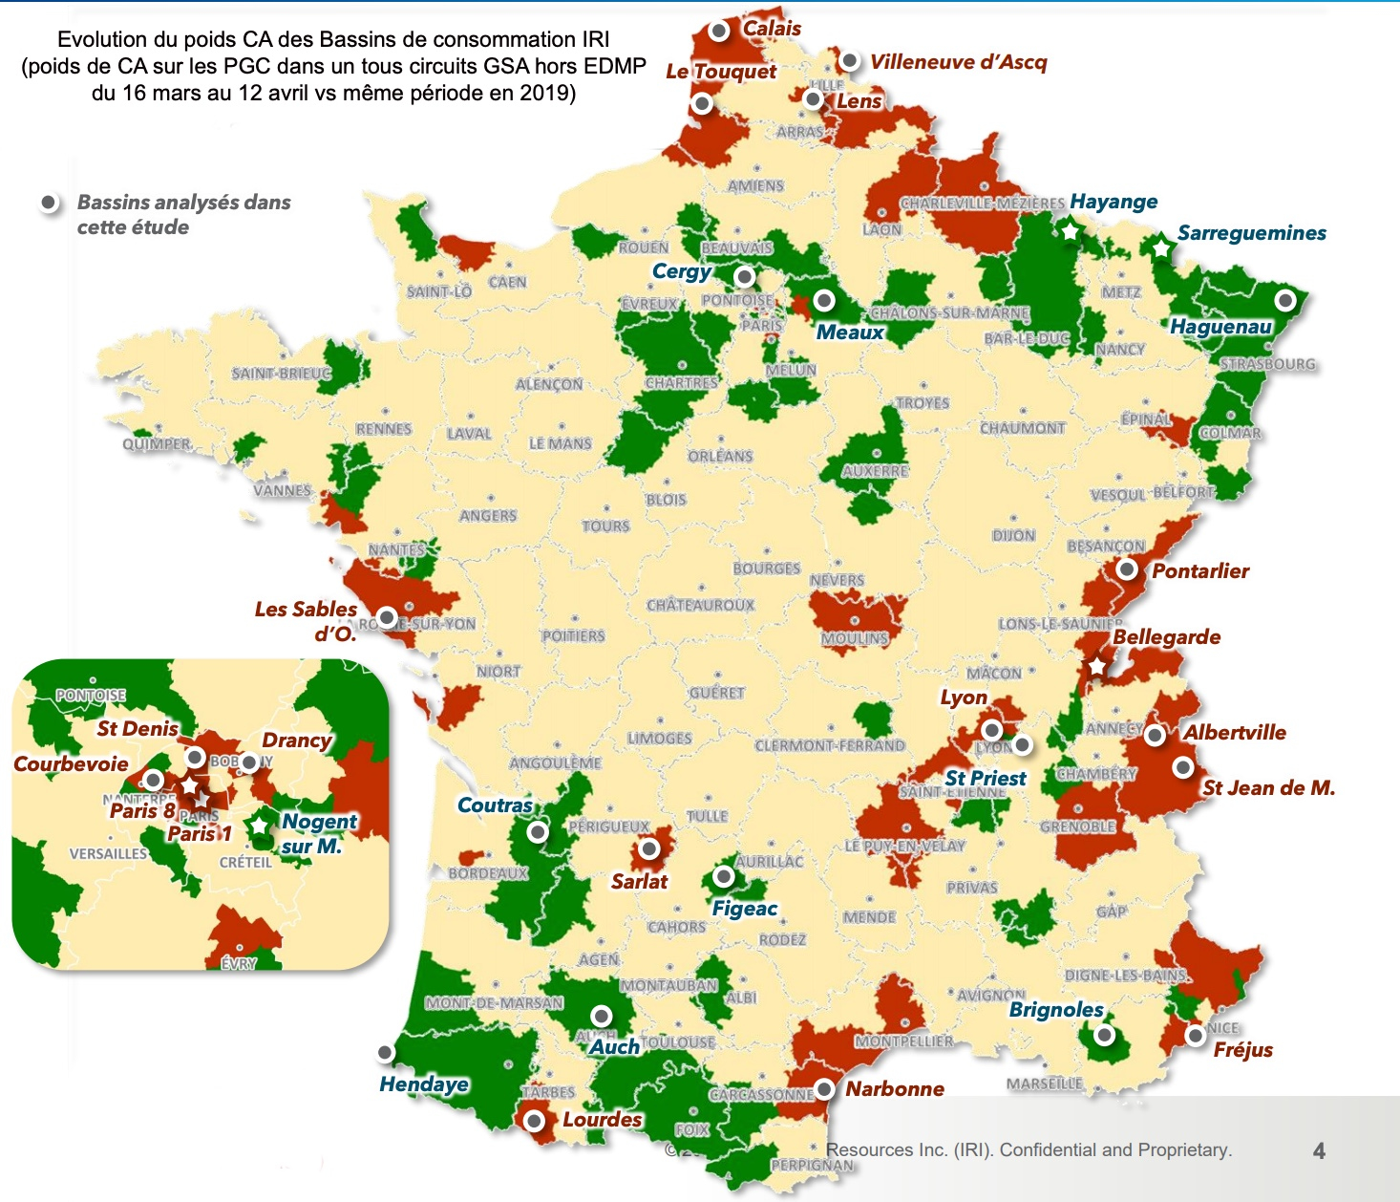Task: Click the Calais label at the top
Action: pos(772,29)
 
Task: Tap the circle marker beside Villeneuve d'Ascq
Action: pos(849,61)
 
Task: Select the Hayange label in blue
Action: pos(1114,202)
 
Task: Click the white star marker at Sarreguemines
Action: pos(1160,248)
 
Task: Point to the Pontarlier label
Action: pos(1200,571)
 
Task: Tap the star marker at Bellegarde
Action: pos(1097,666)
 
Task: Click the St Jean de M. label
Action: pos(1268,788)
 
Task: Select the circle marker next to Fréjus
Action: pos(1195,1035)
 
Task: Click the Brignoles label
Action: pos(1056,1010)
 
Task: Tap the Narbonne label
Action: pos(895,1089)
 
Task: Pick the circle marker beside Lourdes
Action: pos(535,1120)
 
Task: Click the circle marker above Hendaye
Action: pos(385,1053)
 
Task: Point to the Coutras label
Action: pos(495,805)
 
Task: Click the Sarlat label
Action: pos(639,881)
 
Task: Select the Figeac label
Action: pos(745,909)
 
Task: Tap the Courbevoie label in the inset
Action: pos(71,764)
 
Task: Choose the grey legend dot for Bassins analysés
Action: pos(48,203)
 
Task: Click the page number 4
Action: pos(1319,1150)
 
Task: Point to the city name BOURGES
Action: pos(766,569)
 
